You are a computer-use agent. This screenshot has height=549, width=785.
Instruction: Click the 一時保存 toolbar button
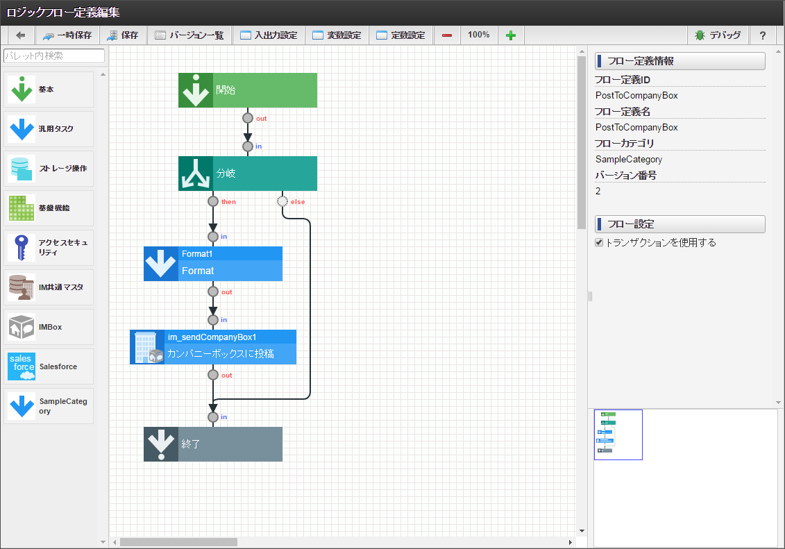pos(67,35)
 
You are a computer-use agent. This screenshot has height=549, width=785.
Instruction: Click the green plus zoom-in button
pos(511,35)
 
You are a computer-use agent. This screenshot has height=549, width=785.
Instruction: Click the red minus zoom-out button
pos(447,35)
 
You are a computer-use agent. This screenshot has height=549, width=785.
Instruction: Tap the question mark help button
pos(763,35)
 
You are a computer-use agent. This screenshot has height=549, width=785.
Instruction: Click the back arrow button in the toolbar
pos(20,35)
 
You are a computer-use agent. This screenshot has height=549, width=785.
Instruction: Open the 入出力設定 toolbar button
pos(269,35)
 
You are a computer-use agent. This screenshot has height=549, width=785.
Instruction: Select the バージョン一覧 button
pos(189,35)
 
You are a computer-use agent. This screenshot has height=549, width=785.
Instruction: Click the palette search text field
pos(54,56)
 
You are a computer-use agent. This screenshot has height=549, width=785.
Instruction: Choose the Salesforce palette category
pos(49,366)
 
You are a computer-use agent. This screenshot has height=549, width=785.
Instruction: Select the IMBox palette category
pos(49,327)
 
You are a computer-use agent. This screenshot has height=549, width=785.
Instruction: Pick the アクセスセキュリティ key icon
pos(22,248)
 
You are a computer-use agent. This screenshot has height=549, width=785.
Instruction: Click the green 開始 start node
pos(248,90)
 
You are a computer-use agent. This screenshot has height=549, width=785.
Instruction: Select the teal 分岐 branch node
pos(248,174)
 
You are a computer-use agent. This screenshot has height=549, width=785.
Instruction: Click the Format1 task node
pos(213,264)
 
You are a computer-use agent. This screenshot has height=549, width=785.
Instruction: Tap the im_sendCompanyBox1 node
pos(213,347)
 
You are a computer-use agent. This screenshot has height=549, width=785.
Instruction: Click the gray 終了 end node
pos(213,444)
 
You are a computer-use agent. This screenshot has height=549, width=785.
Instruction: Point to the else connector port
pos(282,201)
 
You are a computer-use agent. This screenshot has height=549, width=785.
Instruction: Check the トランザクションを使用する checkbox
pos(599,243)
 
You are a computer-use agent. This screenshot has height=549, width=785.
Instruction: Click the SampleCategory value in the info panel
pos(627,160)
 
